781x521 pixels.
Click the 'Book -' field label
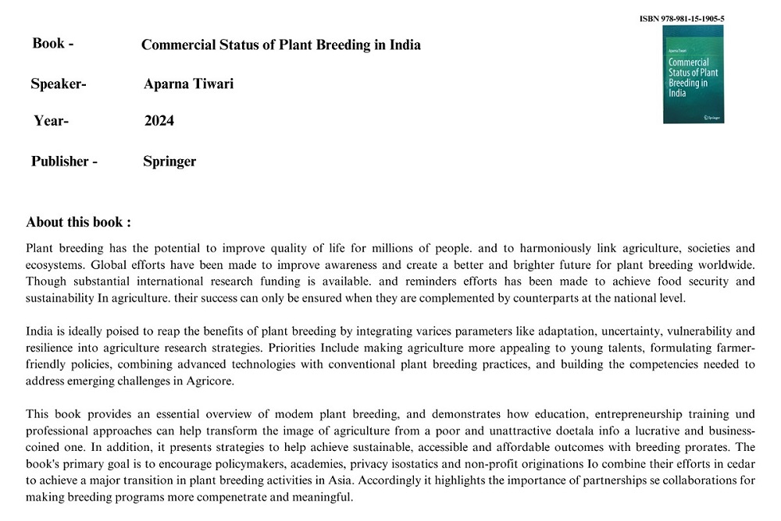coord(53,44)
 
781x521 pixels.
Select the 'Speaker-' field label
coord(59,83)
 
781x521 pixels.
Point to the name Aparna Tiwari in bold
coord(188,84)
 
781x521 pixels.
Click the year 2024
coord(159,121)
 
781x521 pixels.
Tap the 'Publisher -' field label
coord(64,161)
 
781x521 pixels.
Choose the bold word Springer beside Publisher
coord(169,161)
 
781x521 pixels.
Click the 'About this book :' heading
coord(78,222)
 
